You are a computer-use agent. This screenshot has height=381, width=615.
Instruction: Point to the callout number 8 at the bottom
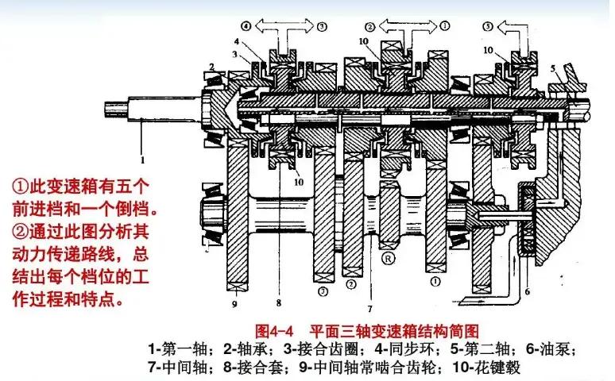point(278,302)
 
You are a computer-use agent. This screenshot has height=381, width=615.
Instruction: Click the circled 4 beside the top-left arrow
point(246,25)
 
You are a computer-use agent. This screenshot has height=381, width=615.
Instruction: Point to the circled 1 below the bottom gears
point(435,279)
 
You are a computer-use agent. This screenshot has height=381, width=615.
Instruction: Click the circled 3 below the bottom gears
point(323,291)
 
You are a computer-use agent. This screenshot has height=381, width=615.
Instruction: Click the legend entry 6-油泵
point(546,348)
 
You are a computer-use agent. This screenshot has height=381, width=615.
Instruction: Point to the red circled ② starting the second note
point(20,233)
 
